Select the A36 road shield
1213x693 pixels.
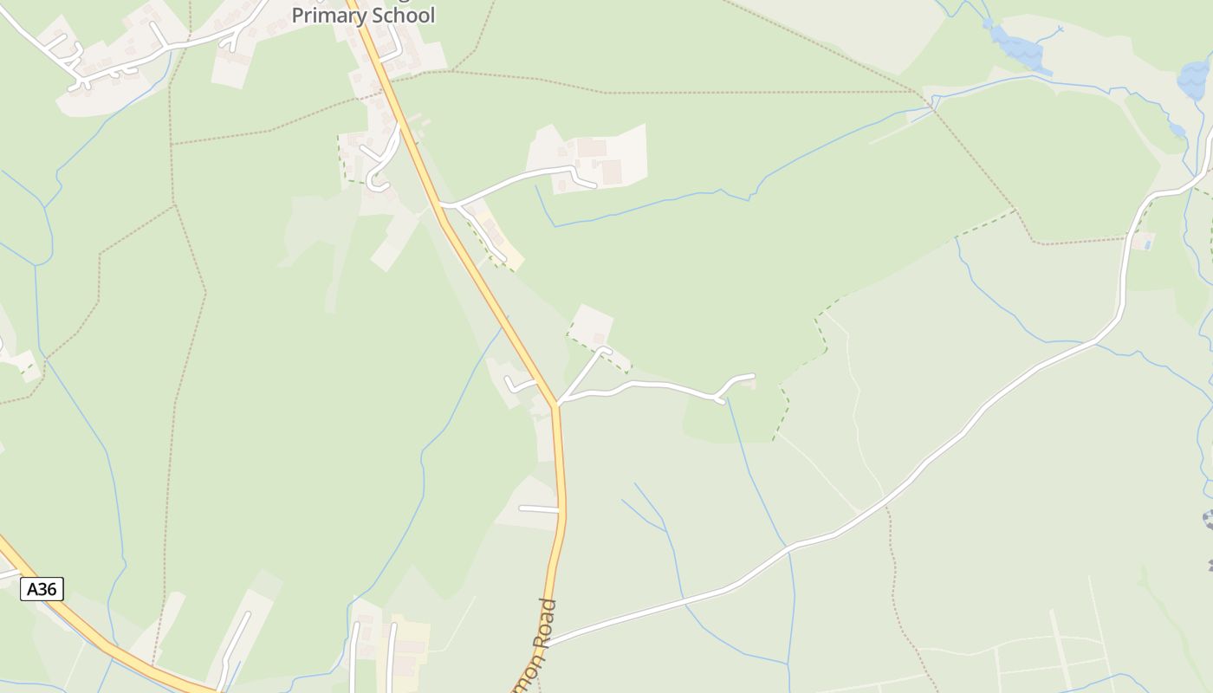[x=42, y=589]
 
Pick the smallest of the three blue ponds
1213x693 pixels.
[x=1176, y=130]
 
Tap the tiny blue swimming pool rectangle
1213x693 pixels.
[x=1148, y=245]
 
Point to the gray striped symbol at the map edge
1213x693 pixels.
[x=1208, y=519]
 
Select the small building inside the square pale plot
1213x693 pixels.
[x=598, y=338]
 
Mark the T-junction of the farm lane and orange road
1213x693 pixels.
[x=442, y=204]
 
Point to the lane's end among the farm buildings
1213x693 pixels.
[x=594, y=185]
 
